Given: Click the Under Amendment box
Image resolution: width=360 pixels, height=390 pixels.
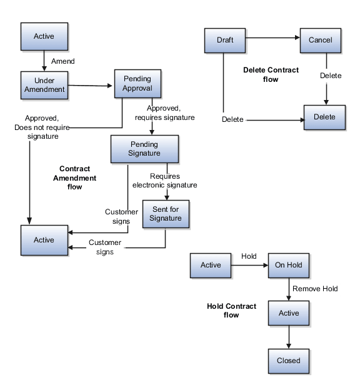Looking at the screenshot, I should click(44, 85).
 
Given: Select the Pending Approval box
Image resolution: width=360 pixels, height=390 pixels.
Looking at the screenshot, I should click(137, 84).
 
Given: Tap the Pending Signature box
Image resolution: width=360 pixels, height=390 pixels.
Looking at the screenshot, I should click(144, 149).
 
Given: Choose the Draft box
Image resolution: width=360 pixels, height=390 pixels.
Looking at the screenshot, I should click(225, 40).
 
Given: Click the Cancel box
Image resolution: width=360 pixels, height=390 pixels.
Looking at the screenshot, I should click(320, 40).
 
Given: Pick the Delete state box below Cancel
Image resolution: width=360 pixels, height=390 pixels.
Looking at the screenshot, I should click(324, 117).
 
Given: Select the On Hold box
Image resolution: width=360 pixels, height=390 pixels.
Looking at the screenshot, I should click(288, 265).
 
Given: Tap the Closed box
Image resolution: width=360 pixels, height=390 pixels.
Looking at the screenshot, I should click(288, 361).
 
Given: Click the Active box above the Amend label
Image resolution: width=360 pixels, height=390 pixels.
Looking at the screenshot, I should click(44, 36).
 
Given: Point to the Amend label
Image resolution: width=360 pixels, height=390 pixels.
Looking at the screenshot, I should click(62, 62).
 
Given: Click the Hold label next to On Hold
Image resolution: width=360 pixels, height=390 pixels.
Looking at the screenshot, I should click(249, 256).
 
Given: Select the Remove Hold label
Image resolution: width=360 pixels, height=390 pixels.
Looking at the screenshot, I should click(315, 289).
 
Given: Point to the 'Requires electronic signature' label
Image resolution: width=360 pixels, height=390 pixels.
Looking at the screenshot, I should click(165, 181).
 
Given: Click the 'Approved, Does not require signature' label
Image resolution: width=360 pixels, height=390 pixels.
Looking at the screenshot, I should click(42, 127).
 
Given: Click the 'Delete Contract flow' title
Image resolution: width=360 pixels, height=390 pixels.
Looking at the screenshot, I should click(271, 75).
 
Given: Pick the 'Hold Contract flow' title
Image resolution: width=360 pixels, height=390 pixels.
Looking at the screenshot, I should click(231, 311).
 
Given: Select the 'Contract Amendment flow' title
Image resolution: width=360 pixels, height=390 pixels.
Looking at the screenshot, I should click(74, 177).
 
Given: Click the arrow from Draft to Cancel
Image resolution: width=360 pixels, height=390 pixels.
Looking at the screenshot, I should click(272, 38).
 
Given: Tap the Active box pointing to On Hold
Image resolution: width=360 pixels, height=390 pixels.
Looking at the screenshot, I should click(211, 265).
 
